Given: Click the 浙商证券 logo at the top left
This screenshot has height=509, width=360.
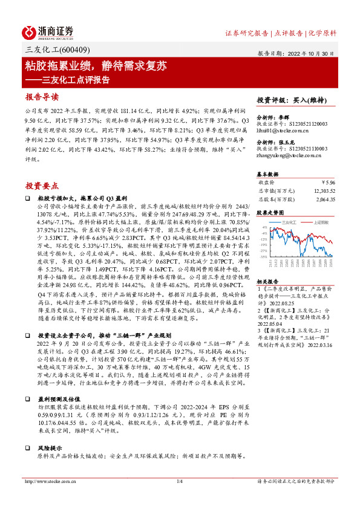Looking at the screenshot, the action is pyautogui.click(x=48, y=32).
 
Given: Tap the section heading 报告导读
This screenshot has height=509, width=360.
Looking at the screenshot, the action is pyautogui.click(x=42, y=97).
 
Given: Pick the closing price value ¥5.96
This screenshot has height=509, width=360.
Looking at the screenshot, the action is pyautogui.click(x=326, y=181).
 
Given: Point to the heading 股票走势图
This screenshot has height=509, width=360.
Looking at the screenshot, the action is pyautogui.click(x=270, y=213).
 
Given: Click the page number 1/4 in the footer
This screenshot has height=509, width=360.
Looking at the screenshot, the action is pyautogui.click(x=179, y=481).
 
